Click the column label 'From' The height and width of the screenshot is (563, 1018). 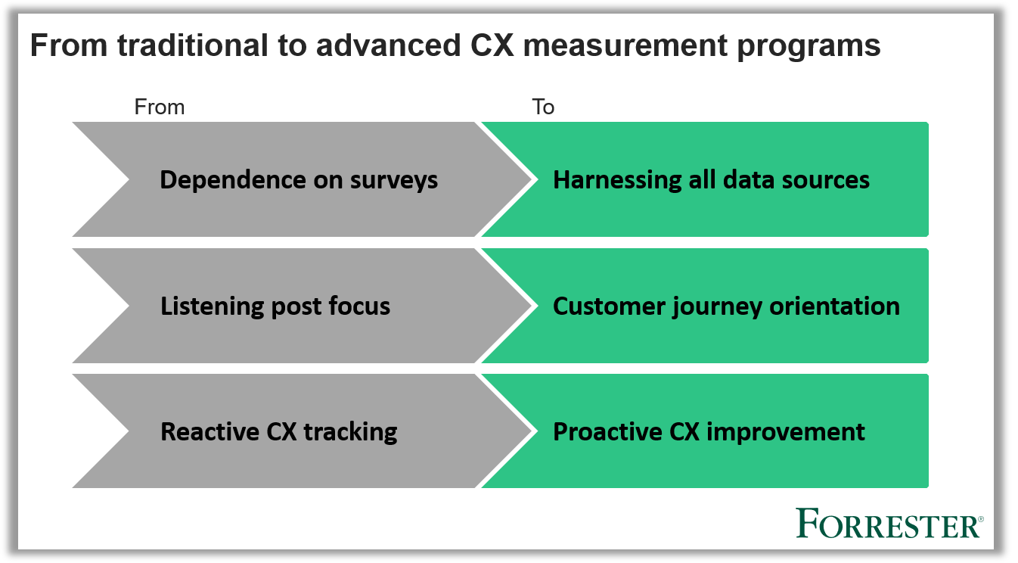[159, 107]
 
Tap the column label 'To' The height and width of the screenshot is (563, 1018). [543, 107]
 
